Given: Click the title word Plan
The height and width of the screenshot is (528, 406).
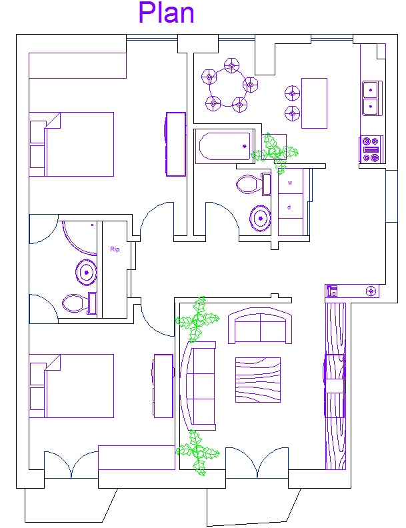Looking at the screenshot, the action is [x=166, y=13].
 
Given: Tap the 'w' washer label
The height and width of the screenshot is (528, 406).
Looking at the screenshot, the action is [x=290, y=183].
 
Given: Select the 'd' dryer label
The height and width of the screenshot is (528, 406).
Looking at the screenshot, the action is [x=289, y=207].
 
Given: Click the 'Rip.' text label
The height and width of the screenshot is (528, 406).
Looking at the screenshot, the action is [x=115, y=249].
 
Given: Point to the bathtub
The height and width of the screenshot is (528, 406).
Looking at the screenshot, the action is [x=225, y=146].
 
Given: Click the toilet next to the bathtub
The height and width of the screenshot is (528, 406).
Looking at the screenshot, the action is [x=253, y=184].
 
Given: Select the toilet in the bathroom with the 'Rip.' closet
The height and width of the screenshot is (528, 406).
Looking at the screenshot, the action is [x=79, y=303].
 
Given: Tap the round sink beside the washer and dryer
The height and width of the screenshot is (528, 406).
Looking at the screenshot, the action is [x=260, y=219].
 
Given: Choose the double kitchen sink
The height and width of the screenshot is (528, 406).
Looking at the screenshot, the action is [x=372, y=98].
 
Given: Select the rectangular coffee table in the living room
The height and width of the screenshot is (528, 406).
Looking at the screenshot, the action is [x=258, y=380].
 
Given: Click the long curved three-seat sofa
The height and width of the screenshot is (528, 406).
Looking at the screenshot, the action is [x=198, y=386].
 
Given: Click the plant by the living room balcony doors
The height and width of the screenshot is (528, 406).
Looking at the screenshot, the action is [x=197, y=452].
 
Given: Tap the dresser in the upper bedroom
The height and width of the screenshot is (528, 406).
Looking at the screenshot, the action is [x=175, y=144].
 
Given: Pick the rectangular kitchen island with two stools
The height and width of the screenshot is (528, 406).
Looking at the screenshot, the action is [x=314, y=103].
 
